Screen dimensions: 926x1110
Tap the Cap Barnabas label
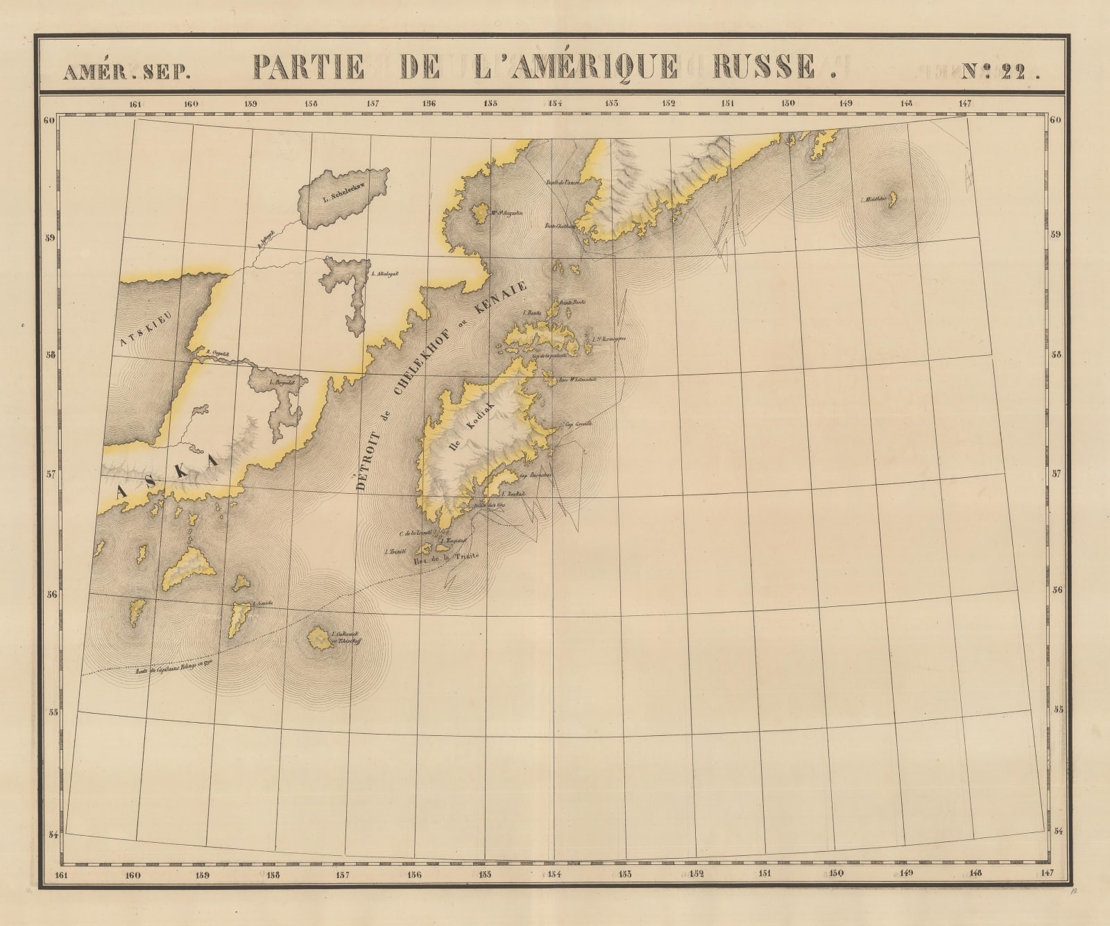pos(533,477)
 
